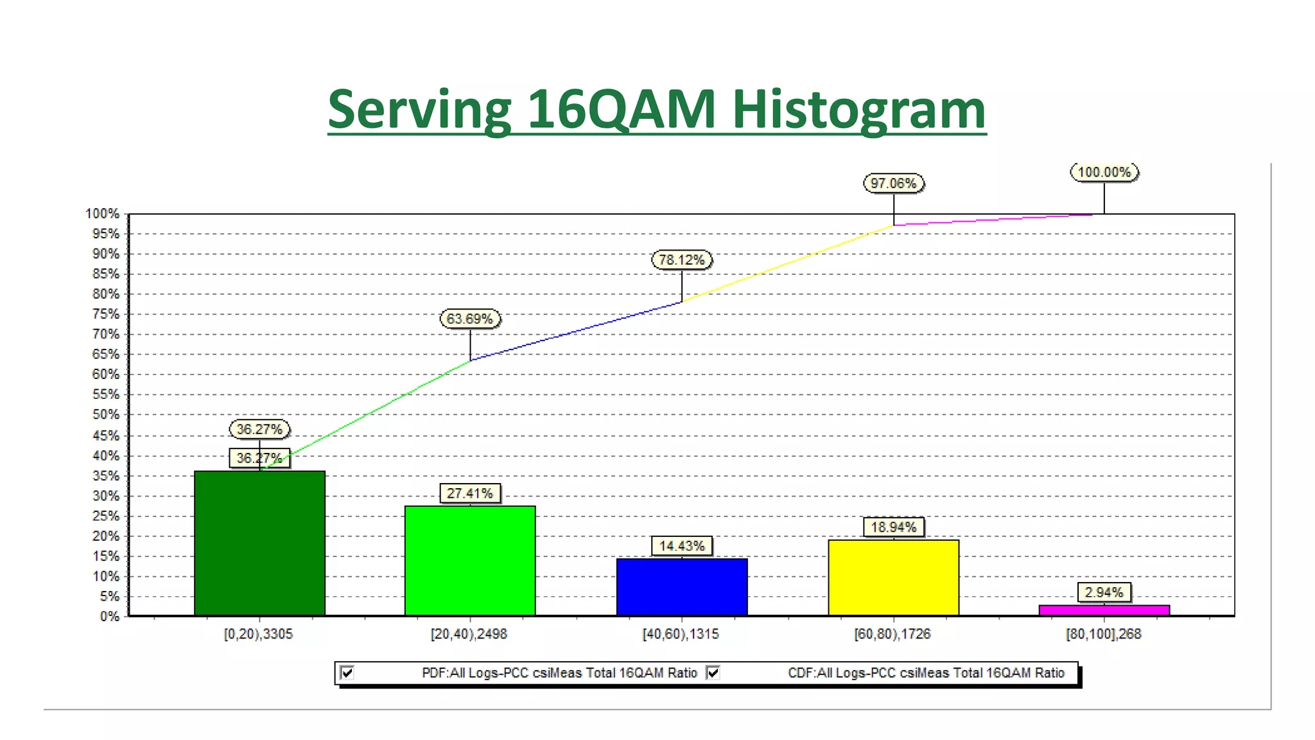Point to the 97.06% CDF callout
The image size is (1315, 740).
(x=893, y=184)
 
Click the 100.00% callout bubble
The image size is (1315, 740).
(x=1104, y=172)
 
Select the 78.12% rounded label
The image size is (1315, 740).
(x=681, y=260)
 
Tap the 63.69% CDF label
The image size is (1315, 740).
(x=470, y=319)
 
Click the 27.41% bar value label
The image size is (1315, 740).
(x=470, y=493)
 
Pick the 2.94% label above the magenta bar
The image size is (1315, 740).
(x=1104, y=592)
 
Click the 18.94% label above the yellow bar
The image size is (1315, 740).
(x=893, y=527)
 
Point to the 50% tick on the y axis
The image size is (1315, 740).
(x=107, y=415)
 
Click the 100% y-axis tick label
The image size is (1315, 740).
(x=103, y=214)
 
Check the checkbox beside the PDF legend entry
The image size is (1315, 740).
(x=347, y=673)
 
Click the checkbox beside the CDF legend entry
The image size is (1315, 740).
(x=713, y=673)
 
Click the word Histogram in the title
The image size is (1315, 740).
(x=858, y=109)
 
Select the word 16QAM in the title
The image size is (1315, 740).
(x=621, y=109)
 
